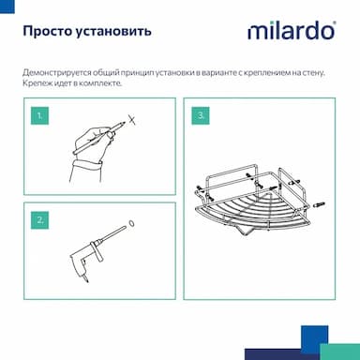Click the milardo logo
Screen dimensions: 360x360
(x=292, y=31)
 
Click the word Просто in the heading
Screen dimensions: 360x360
(x=48, y=32)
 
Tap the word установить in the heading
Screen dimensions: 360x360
(x=113, y=32)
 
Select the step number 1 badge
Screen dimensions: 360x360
(x=39, y=116)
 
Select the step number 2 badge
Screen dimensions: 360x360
(x=39, y=220)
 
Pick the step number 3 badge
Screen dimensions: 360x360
(x=201, y=116)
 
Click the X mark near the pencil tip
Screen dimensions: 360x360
(x=132, y=119)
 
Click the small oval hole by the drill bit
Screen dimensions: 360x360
(x=131, y=224)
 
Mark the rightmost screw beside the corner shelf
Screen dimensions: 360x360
(x=317, y=205)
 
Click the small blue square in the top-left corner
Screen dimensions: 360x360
(x=7, y=7)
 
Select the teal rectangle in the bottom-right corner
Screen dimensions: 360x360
(x=340, y=352)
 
